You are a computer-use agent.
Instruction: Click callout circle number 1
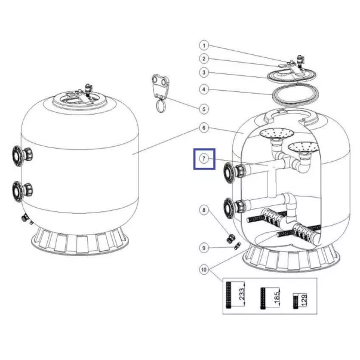[204, 45]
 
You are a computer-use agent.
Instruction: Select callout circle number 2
[204, 59]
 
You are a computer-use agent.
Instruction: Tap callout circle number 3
[204, 73]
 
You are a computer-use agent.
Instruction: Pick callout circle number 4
[204, 90]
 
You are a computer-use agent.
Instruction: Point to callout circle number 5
[204, 109]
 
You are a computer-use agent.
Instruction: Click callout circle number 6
[204, 128]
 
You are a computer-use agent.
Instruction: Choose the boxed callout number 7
[204, 159]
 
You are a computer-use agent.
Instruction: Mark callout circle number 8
[204, 210]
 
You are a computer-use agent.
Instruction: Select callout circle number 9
[204, 248]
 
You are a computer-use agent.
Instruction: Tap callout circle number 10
[204, 269]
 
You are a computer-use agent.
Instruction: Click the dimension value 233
[242, 294]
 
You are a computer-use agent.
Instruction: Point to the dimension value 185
[277, 296]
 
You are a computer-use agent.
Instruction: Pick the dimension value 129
[303, 300]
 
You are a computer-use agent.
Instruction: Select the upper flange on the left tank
[17, 156]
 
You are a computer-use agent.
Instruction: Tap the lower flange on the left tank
[17, 192]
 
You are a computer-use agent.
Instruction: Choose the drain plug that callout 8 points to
[230, 238]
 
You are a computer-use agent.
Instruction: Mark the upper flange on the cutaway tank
[229, 173]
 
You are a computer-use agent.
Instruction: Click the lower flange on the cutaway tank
[229, 208]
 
